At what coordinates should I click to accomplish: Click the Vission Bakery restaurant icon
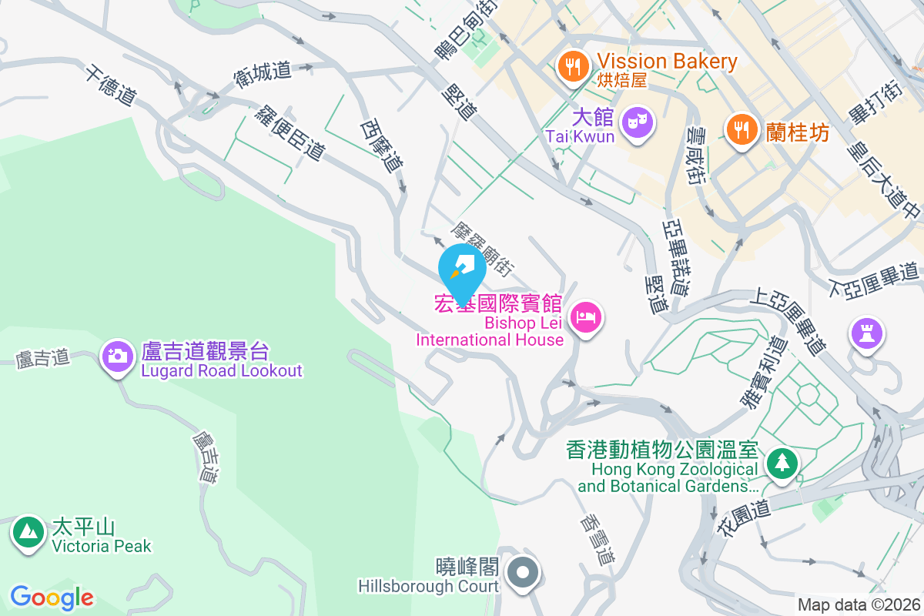pos(571,65)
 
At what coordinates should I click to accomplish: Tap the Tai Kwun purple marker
pos(638,122)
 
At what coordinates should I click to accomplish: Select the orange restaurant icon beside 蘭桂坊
pos(741,129)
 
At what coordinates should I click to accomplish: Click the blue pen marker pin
pos(462,268)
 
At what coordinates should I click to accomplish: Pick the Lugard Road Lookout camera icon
pos(118,355)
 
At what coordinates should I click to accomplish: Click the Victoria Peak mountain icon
pos(28,531)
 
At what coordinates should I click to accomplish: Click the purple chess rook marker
pos(867,333)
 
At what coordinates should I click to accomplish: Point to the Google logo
pos(52,598)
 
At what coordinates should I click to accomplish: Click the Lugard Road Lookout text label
pos(222,370)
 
